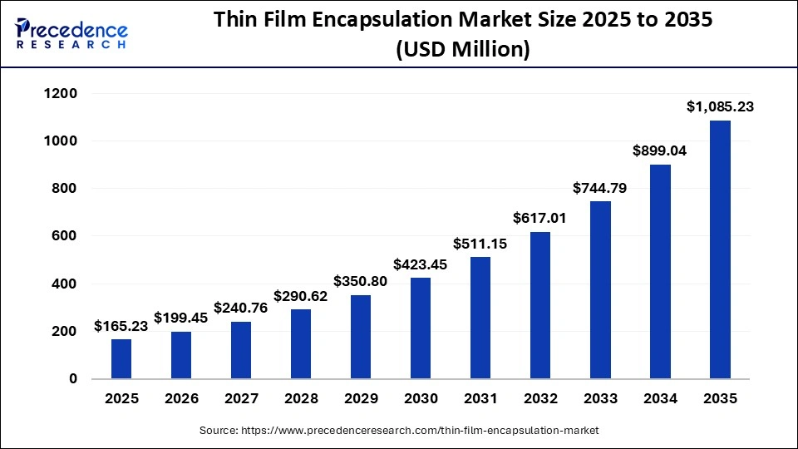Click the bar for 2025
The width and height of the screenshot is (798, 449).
coord(121,358)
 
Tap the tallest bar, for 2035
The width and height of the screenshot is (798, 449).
coord(719,249)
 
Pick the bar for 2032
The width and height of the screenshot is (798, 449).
coord(539,305)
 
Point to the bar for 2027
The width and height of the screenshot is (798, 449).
coord(241,349)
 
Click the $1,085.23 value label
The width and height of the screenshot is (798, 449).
coord(719,106)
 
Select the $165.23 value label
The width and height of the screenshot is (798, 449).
coord(121,326)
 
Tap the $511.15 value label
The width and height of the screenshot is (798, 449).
coord(480,244)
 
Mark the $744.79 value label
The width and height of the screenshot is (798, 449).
coord(599,188)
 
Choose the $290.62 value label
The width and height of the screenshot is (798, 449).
coord(301,296)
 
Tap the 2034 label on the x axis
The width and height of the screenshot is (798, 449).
coord(659,399)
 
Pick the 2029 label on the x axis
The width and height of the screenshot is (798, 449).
coord(361,399)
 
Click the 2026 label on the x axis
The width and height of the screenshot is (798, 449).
coord(181,399)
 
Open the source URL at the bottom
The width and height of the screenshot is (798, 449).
coord(399,431)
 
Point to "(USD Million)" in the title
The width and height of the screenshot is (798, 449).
coord(463,49)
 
